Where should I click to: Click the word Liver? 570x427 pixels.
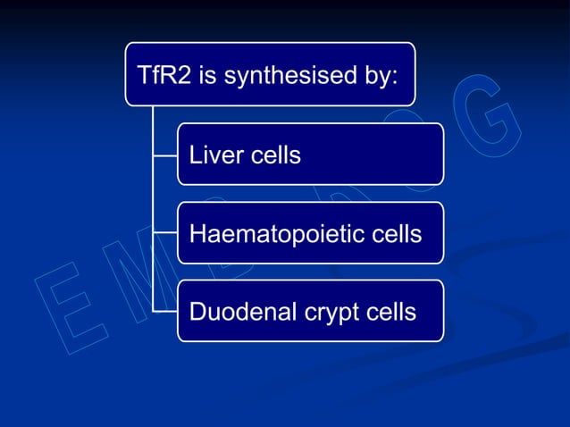pos(214,155)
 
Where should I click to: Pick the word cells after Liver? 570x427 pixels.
pos(274,155)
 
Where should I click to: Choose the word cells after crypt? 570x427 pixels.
pos(391,312)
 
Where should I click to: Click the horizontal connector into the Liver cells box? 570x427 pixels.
pos(165,155)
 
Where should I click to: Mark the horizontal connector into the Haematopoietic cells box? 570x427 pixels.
pos(165,233)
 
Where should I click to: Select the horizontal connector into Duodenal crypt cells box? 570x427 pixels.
pos(165,311)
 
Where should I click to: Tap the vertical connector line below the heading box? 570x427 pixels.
pos(153,197)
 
